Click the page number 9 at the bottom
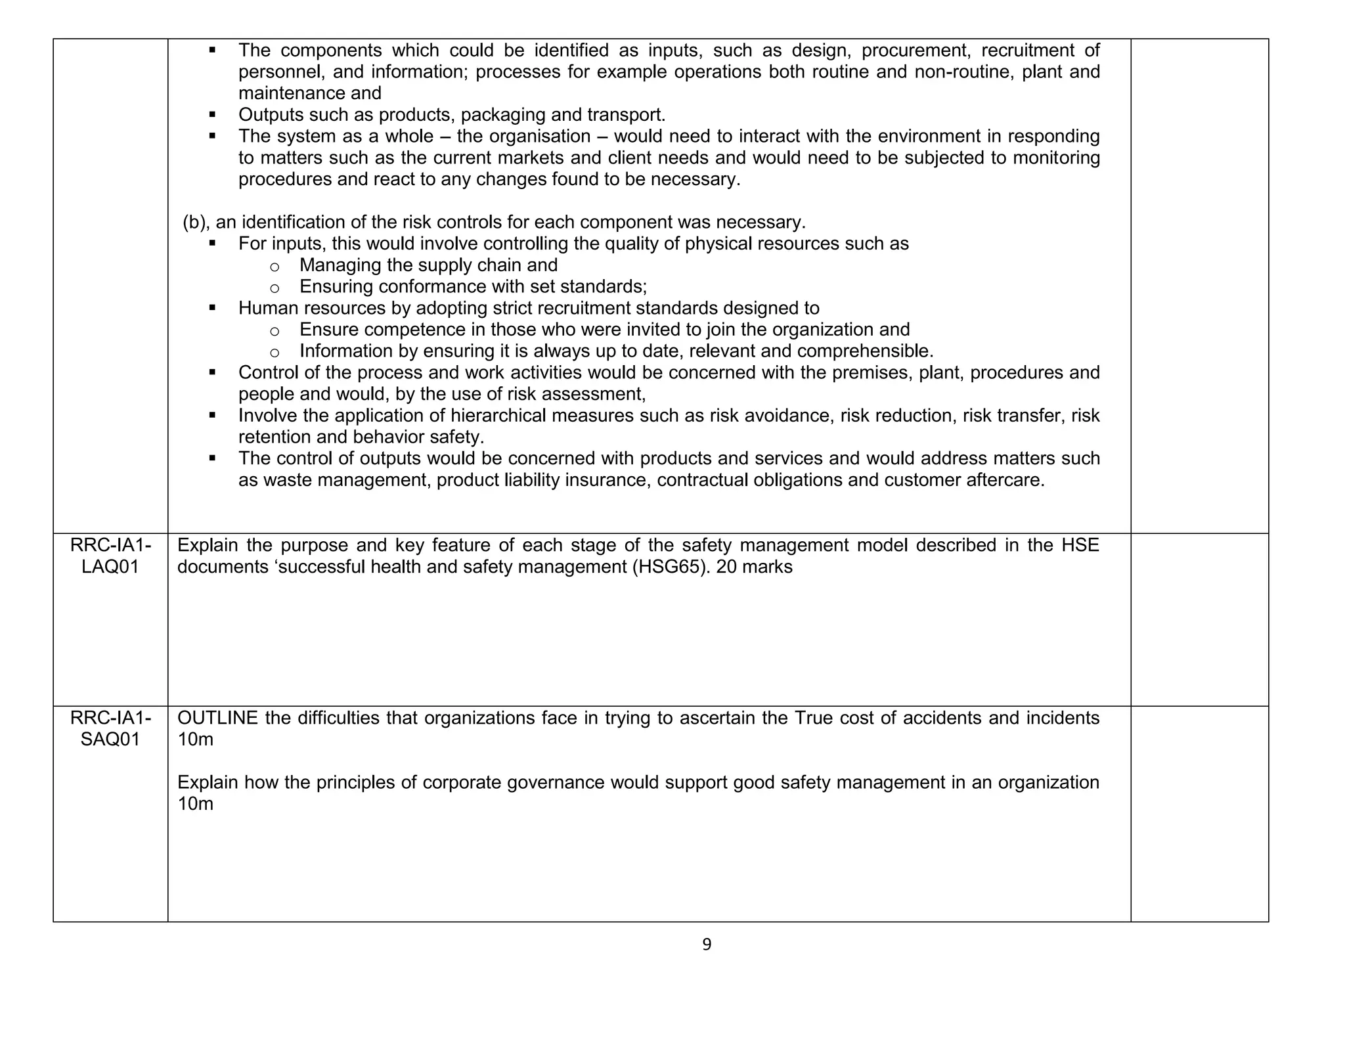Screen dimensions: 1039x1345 click(x=707, y=944)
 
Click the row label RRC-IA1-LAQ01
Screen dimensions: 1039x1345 click(x=110, y=556)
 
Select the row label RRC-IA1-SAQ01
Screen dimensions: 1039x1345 click(x=110, y=728)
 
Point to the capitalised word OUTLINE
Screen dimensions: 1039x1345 click(x=217, y=718)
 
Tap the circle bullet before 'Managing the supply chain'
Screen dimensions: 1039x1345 click(x=275, y=266)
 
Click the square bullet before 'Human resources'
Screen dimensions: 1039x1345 click(x=212, y=307)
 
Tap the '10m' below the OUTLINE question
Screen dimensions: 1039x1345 click(x=195, y=740)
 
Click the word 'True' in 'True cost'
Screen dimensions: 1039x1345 click(x=814, y=718)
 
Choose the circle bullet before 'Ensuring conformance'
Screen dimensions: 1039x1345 click(x=275, y=288)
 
